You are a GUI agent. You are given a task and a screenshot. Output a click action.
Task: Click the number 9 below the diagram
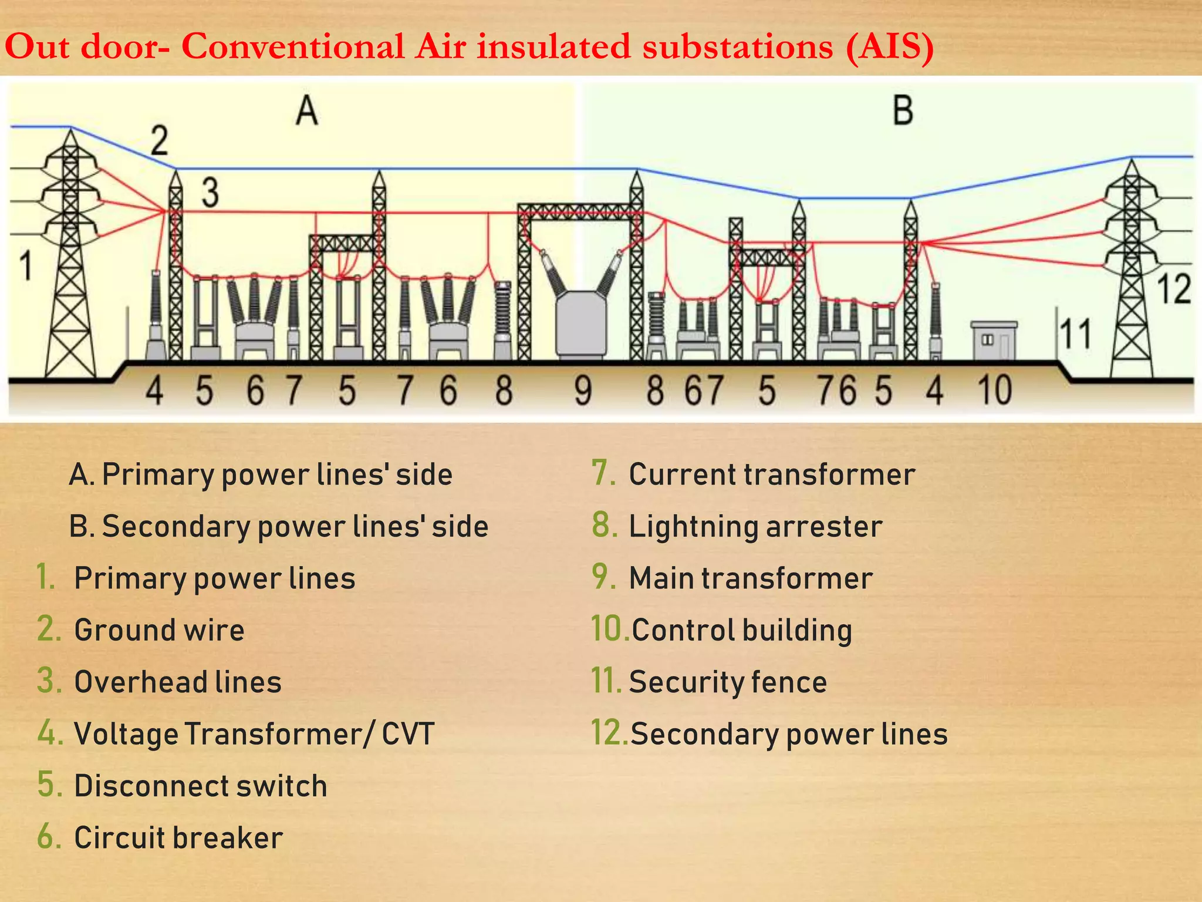click(583, 391)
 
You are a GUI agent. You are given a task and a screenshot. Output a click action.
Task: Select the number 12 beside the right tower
click(1174, 289)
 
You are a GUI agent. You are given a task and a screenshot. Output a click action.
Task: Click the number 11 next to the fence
click(1076, 335)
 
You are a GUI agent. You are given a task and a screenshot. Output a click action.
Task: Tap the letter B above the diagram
click(903, 110)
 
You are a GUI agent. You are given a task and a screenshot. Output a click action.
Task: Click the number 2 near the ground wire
click(159, 141)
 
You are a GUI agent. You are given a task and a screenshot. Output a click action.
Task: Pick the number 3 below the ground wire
click(210, 193)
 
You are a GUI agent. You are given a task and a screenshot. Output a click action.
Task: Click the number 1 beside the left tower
click(26, 265)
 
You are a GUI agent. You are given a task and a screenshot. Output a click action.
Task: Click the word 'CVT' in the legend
click(408, 734)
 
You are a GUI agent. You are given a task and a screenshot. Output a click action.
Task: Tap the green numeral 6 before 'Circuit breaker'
click(49, 837)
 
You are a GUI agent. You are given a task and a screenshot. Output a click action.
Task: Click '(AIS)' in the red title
click(890, 46)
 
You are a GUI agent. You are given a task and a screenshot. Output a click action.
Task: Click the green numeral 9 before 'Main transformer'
click(603, 577)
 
